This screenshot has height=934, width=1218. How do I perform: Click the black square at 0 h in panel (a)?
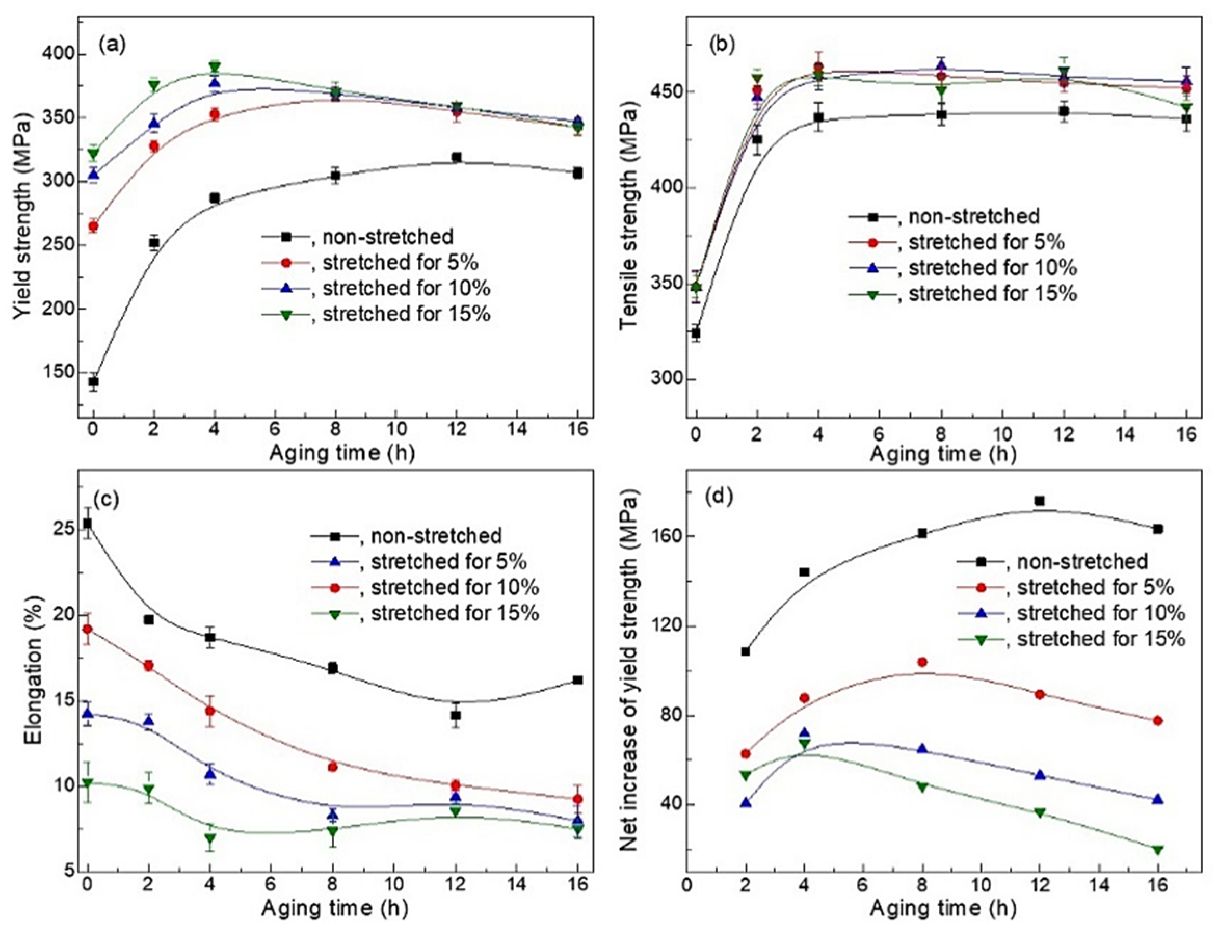pyautogui.click(x=94, y=382)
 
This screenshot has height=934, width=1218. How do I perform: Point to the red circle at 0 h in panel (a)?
pyautogui.click(x=94, y=226)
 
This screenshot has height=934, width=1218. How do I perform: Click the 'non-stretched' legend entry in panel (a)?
pyautogui.click(x=388, y=237)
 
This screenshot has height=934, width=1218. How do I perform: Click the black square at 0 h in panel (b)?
pyautogui.click(x=695, y=333)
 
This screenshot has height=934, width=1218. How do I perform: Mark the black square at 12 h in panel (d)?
pyautogui.click(x=1039, y=501)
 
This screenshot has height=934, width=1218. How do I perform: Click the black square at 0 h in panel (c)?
pyautogui.click(x=87, y=523)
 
